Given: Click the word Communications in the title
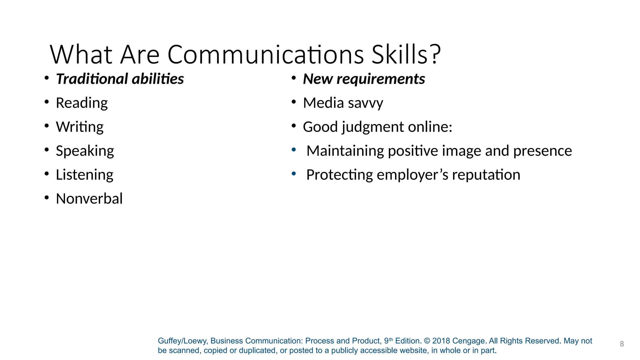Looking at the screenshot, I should [x=266, y=55].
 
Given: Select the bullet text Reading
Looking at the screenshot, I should [x=82, y=103].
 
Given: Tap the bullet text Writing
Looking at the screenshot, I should [x=80, y=127].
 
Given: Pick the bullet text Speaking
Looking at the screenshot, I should [x=85, y=151].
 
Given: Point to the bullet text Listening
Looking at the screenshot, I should [x=84, y=175].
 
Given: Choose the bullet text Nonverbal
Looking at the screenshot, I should [x=89, y=199].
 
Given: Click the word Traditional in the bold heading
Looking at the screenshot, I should [x=92, y=79].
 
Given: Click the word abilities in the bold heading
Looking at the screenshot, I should [x=158, y=79].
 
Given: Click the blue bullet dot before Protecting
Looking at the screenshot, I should [x=294, y=174].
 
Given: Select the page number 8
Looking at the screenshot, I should [x=622, y=344].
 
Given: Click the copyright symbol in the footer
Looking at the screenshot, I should [x=427, y=341].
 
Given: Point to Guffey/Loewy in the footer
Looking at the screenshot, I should [x=182, y=341].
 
